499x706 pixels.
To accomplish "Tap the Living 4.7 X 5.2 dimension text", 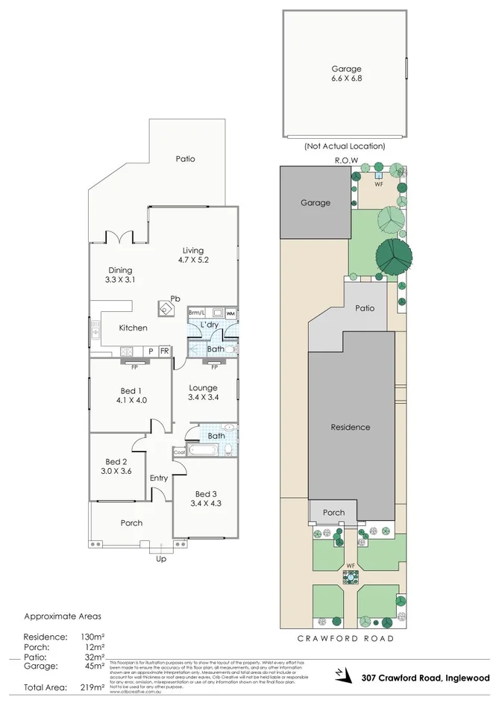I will (x=192, y=260).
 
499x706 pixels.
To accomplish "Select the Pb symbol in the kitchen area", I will (x=175, y=299).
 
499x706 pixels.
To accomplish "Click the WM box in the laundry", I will (x=230, y=313).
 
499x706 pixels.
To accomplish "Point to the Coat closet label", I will (x=179, y=452).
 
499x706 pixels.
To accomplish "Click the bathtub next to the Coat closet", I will (x=203, y=451).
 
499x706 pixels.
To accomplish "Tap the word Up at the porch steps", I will (x=160, y=558).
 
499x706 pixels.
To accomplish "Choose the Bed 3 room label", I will (x=205, y=494).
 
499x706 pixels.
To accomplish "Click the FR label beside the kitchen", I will (x=164, y=351).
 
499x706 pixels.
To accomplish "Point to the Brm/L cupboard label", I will (x=196, y=313).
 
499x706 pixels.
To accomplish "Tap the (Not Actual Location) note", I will (x=345, y=146).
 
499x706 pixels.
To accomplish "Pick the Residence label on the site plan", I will (x=351, y=428).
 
